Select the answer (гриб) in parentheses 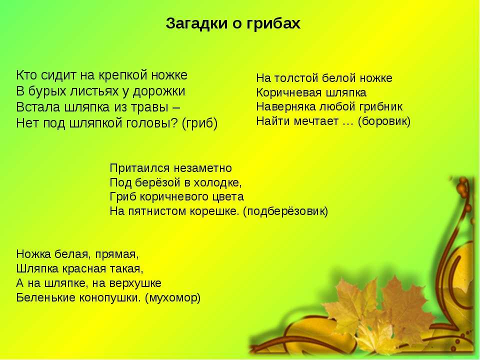point(199,123)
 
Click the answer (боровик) point(384,121)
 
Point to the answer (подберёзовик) point(285,211)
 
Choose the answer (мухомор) point(172,297)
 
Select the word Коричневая point(288,93)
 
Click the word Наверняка point(286,107)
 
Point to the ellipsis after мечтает point(348,124)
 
